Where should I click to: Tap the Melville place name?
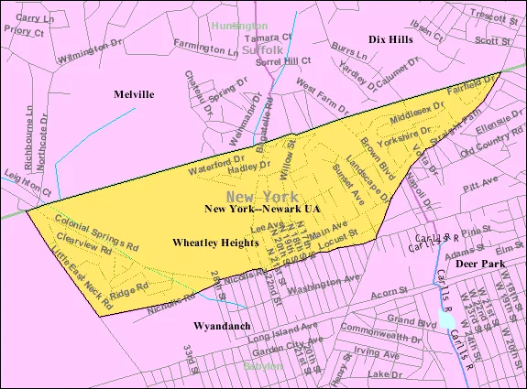[134, 94]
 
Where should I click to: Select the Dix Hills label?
[390, 40]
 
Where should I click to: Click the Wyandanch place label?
[219, 325]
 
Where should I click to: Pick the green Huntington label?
[239, 27]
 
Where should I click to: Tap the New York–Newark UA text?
[262, 210]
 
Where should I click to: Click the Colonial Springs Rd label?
[95, 232]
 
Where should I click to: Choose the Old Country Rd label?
[491, 150]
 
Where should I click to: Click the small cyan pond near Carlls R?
[446, 320]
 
